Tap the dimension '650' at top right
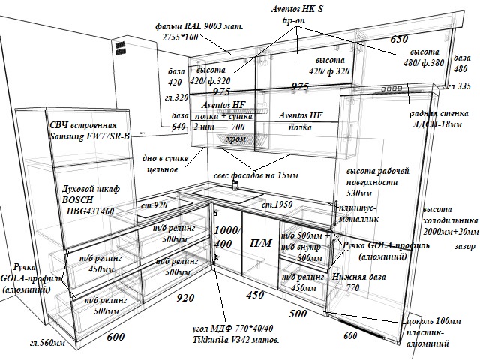coord(398,40)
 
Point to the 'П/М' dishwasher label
coord(260,244)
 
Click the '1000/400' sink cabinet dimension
coord(226,236)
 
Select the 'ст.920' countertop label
coord(154,205)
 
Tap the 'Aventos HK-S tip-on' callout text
coord(298,13)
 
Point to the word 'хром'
coord(235,139)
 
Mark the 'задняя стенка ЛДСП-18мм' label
coord(440,118)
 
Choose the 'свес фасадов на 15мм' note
coord(256,175)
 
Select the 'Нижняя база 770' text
coord(358,282)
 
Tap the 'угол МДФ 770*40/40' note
coord(233,329)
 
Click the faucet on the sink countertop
coord(235,186)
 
